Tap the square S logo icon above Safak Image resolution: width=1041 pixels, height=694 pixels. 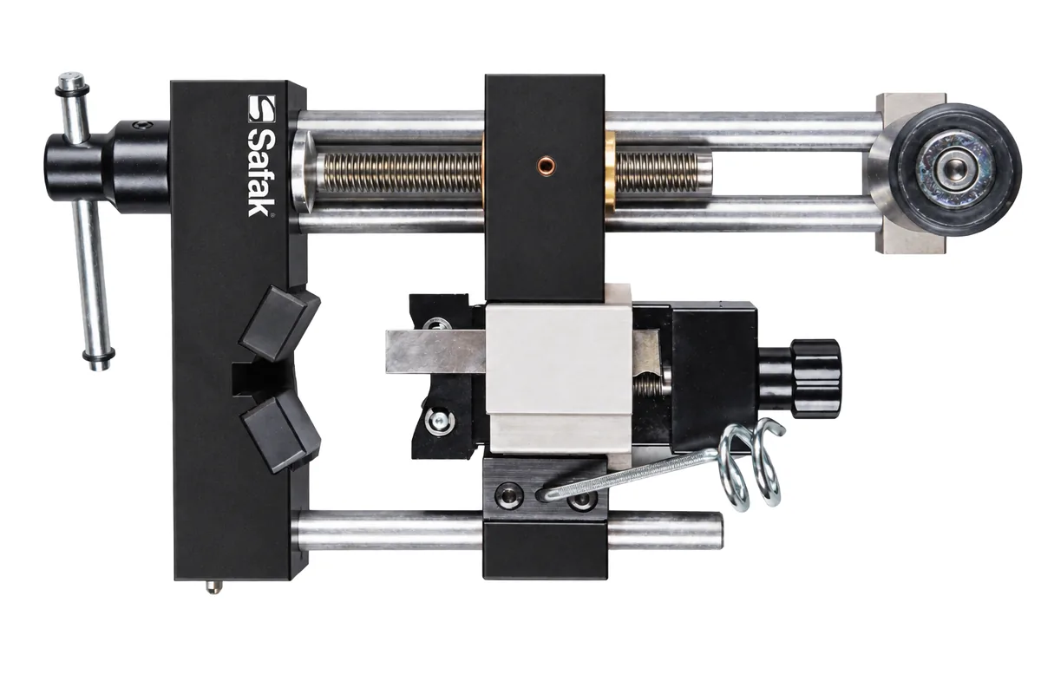tap(261, 108)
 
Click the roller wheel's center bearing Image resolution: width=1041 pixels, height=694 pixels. tap(954, 169)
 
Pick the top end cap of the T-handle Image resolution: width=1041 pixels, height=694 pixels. tap(73, 82)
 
